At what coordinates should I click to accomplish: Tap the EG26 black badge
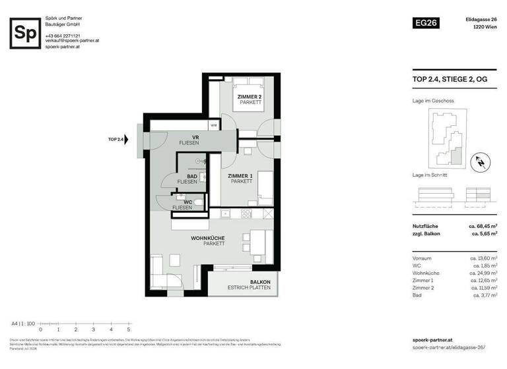[425, 22]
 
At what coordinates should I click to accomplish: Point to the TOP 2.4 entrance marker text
[118, 140]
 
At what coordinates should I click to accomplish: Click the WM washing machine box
[214, 125]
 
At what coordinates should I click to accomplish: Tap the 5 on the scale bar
[129, 328]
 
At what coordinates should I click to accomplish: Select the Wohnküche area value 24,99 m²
[483, 272]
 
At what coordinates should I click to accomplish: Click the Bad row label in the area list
[416, 296]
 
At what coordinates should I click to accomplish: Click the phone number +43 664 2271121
[63, 36]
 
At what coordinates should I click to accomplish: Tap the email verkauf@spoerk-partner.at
[72, 41]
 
